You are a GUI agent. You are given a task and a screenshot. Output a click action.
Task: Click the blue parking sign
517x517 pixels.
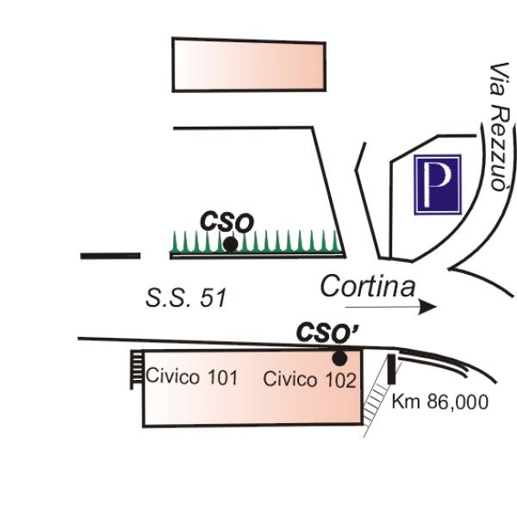click(438, 184)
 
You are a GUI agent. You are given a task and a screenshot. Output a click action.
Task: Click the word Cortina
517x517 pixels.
click(367, 286)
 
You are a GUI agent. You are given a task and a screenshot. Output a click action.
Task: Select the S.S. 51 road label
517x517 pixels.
click(185, 298)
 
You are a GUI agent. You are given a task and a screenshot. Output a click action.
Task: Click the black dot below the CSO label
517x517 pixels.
click(230, 244)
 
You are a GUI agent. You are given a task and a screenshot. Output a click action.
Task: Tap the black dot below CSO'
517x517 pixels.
click(339, 358)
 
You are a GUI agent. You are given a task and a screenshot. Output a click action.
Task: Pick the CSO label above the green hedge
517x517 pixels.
click(227, 221)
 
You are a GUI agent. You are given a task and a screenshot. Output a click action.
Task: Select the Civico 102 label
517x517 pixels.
click(309, 379)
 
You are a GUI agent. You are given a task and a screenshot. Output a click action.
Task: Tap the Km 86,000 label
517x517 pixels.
click(439, 402)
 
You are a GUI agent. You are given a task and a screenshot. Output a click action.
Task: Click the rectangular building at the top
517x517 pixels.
click(249, 65)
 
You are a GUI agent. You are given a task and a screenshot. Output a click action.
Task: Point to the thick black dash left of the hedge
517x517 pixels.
click(110, 255)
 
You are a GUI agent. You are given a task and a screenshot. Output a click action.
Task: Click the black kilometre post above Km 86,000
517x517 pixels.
click(393, 370)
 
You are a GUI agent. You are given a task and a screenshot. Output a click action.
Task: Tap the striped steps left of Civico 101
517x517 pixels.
click(136, 369)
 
